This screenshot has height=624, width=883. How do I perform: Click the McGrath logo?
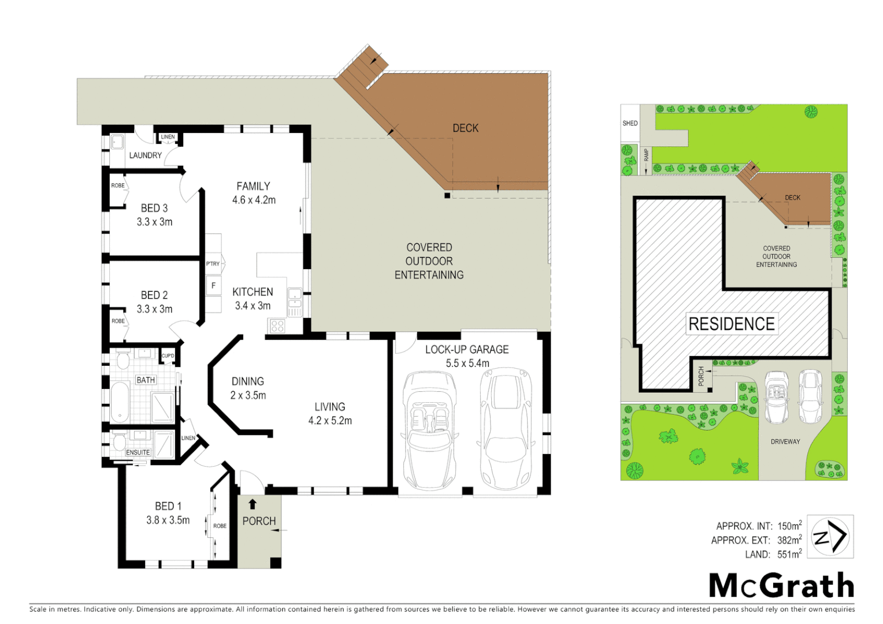coord(781,586)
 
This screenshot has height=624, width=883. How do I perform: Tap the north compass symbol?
coord(830,537)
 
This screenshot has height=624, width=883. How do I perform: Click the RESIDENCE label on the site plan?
coord(732,324)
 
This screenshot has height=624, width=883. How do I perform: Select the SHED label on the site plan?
coord(630,123)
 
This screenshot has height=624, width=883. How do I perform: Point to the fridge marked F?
coord(213,285)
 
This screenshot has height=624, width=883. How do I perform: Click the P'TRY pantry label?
coord(213,264)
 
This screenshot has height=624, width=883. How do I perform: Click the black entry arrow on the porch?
coord(253,504)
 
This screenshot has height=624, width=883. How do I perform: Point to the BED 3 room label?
coord(154,208)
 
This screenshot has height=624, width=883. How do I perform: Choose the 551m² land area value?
coord(789,554)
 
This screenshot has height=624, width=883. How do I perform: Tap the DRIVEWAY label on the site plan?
coord(785,441)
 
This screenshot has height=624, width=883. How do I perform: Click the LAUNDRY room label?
coord(145,155)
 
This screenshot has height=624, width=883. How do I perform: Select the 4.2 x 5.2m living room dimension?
coord(330,421)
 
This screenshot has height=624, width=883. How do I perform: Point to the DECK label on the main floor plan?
coord(465,128)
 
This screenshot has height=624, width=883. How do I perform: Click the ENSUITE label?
coord(138,452)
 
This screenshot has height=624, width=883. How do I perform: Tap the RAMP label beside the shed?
coord(646,155)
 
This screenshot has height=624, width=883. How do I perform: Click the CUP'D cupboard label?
coord(168,356)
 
